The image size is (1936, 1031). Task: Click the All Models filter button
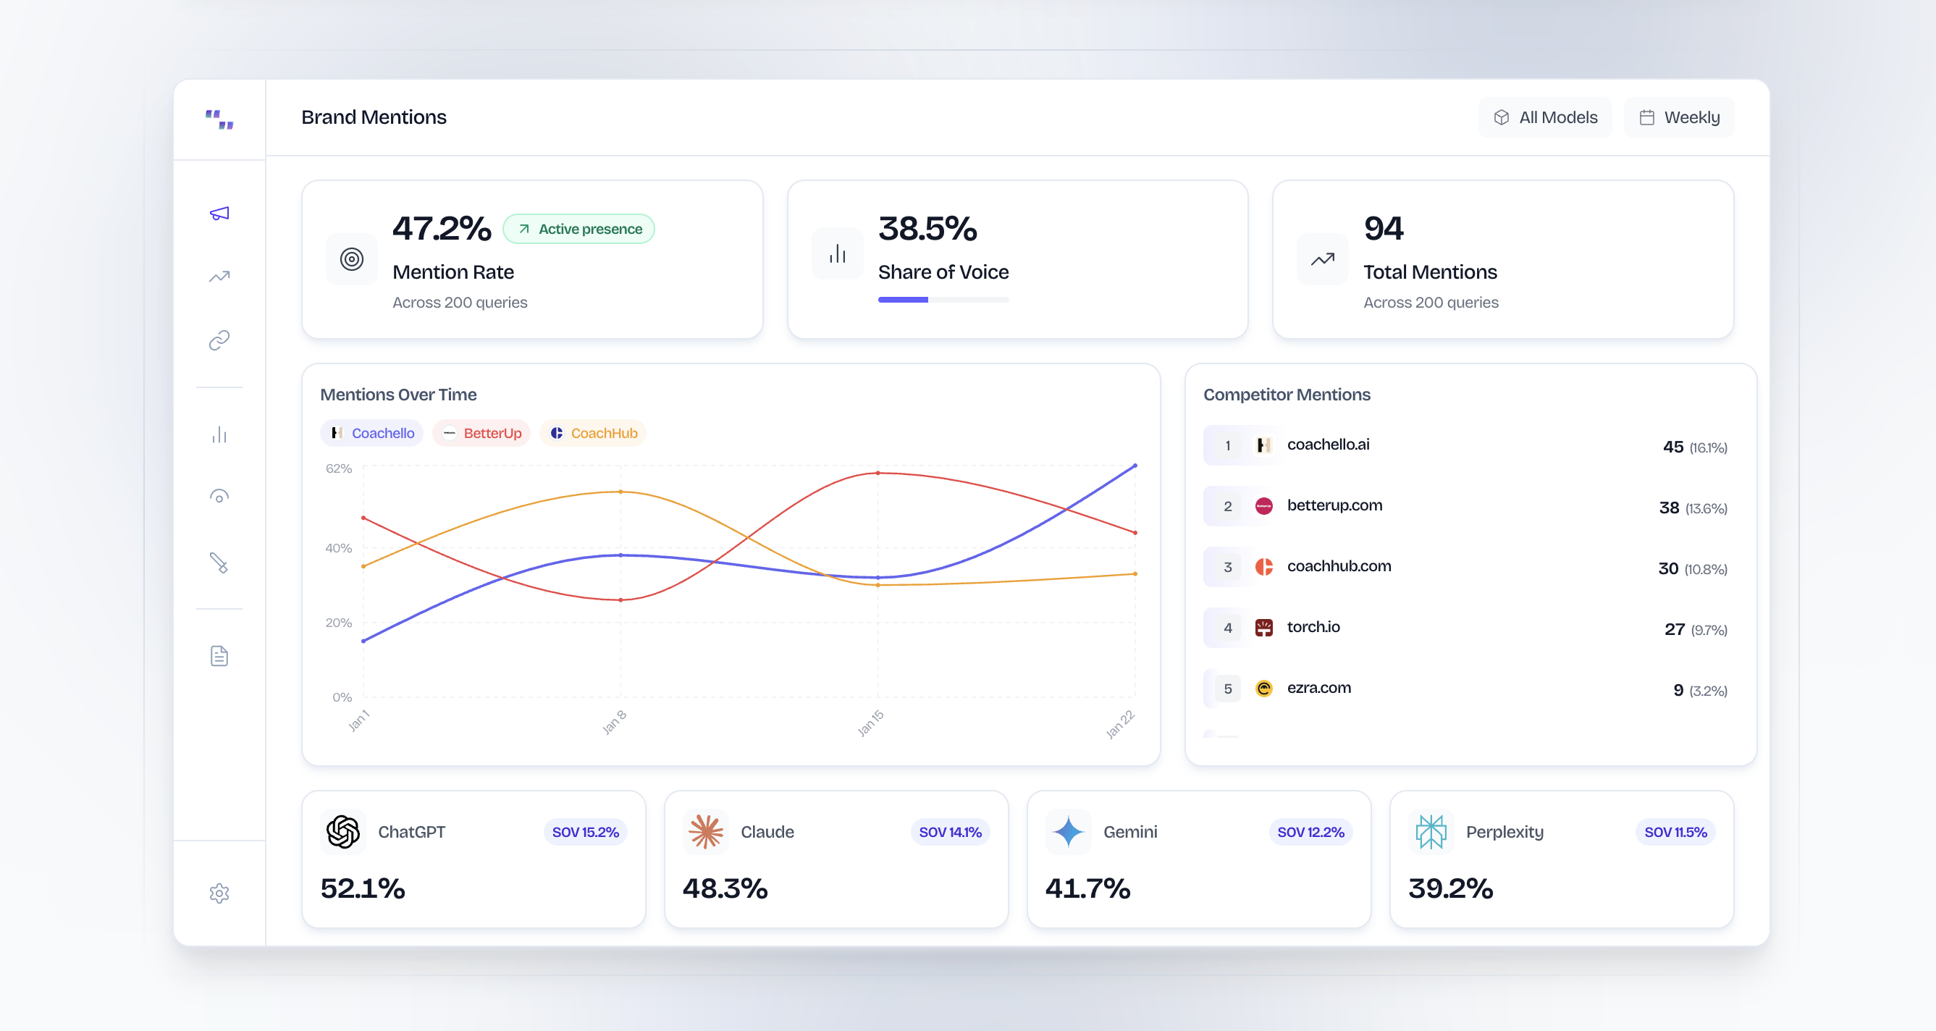[1544, 117]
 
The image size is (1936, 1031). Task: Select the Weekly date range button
[1679, 117]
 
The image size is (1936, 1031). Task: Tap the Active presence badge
[578, 230]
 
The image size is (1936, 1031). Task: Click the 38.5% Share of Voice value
[927, 229]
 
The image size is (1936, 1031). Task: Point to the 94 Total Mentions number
[1383, 229]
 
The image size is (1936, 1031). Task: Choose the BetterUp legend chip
[481, 434]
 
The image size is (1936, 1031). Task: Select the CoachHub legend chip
[593, 434]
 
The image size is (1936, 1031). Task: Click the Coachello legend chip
[373, 434]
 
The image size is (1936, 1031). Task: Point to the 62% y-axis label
[338, 469]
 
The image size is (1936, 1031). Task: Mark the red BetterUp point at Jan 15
[877, 474]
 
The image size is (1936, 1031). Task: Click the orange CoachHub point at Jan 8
[620, 492]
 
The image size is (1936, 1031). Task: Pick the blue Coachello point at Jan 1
[363, 641]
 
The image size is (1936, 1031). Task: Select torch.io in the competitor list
[1313, 627]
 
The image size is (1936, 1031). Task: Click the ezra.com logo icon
[1264, 689]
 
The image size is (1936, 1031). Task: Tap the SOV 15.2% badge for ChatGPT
[586, 832]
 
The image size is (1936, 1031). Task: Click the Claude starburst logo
[706, 832]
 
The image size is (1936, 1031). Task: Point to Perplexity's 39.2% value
[1449, 888]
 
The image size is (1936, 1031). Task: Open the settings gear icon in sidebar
[219, 893]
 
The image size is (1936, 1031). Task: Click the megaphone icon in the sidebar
[219, 214]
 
